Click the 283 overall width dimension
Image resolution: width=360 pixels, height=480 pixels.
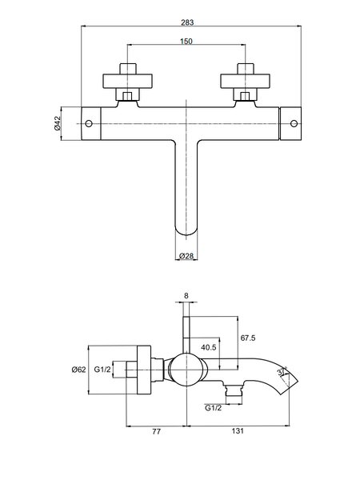(187, 22)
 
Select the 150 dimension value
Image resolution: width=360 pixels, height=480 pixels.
(186, 41)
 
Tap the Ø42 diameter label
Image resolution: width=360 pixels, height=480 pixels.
(58, 124)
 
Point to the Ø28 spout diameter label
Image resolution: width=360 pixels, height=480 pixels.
(186, 256)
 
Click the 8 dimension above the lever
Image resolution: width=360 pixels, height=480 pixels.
(186, 296)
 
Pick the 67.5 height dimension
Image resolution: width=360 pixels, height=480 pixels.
(248, 338)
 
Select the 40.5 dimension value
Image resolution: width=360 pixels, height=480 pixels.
(209, 347)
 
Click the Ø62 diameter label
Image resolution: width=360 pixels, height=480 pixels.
(78, 370)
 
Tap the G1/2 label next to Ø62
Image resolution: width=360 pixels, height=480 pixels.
(102, 370)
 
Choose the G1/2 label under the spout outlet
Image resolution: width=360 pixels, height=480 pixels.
(213, 408)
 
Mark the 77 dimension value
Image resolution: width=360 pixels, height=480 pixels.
(156, 431)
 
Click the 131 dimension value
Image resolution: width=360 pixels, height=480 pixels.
(238, 431)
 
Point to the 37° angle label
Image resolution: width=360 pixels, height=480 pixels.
(282, 372)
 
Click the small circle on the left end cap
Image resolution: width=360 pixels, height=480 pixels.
(89, 124)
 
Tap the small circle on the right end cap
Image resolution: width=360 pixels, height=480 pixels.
(294, 124)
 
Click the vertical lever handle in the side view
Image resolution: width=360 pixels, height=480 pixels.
(186, 335)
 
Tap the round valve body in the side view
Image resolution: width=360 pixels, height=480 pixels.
(186, 370)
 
